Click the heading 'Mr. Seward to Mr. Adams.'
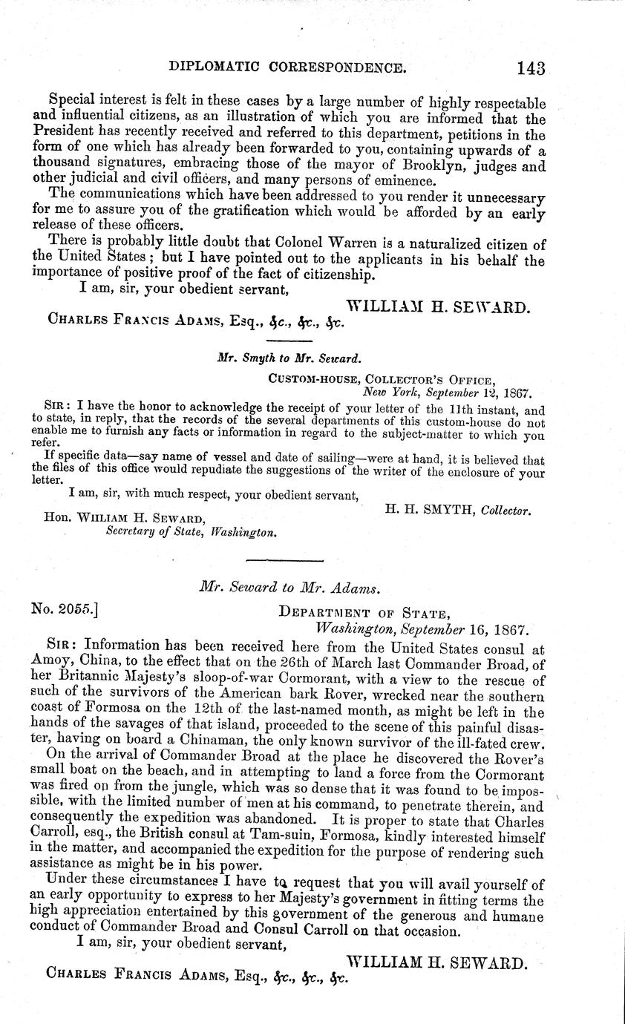pyautogui.click(x=289, y=587)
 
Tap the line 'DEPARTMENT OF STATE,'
pyautogui.click(x=364, y=613)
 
